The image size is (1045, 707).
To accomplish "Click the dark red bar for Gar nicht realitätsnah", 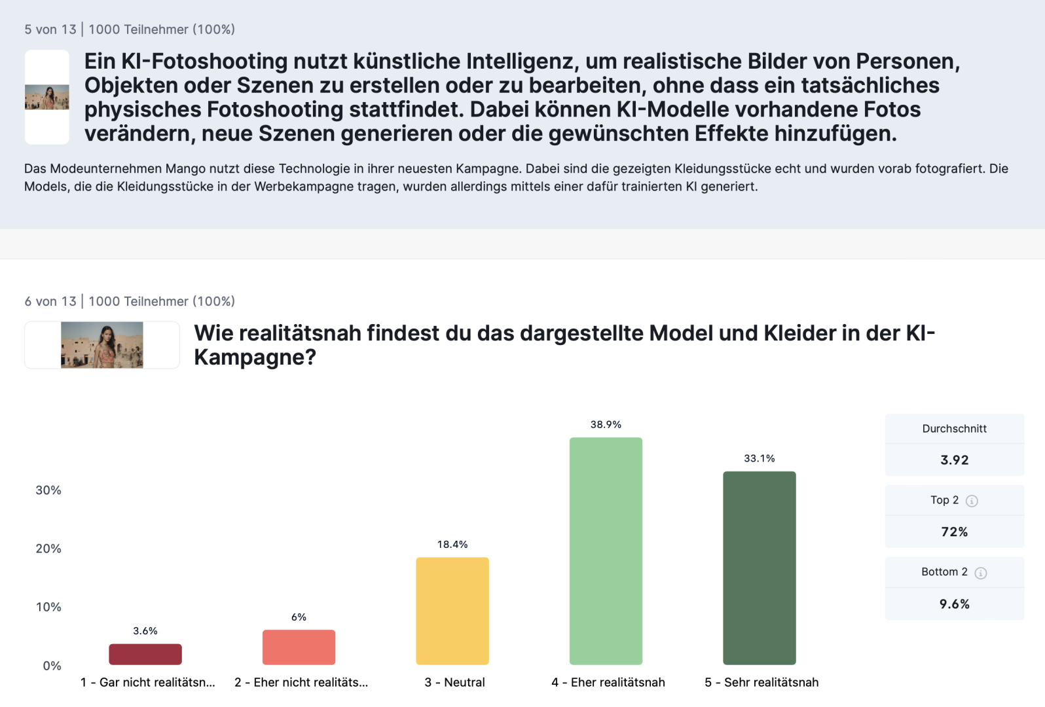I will coord(145,654).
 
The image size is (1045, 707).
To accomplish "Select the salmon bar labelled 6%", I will coord(299,647).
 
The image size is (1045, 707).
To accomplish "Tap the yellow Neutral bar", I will coord(452,611).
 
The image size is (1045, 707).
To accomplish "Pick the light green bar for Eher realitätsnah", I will coord(606,551).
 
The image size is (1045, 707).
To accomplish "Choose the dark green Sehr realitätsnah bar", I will coord(759,568).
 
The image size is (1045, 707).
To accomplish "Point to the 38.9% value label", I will coord(606,424).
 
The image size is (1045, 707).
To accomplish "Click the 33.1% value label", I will coord(759,458).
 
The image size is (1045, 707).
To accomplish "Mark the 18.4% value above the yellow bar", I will coord(452,544).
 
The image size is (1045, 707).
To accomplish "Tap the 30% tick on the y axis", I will coord(48,490).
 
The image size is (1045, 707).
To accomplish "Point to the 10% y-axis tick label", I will coord(48,607).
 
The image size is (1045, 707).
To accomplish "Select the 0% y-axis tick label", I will coord(52,666).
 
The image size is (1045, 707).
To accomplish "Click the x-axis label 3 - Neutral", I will coord(454,682).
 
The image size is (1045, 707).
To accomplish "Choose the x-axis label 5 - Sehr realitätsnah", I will coord(761,682).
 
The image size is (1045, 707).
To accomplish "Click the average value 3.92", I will coord(954,460).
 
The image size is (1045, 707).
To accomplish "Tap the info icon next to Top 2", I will coord(972,501).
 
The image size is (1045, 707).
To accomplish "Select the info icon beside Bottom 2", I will coord(980,573).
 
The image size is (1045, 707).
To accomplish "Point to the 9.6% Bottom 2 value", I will coord(954,604).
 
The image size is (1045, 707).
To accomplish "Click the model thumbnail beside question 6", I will coord(102,345).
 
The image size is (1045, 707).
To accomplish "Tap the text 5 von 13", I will coord(50,29).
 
